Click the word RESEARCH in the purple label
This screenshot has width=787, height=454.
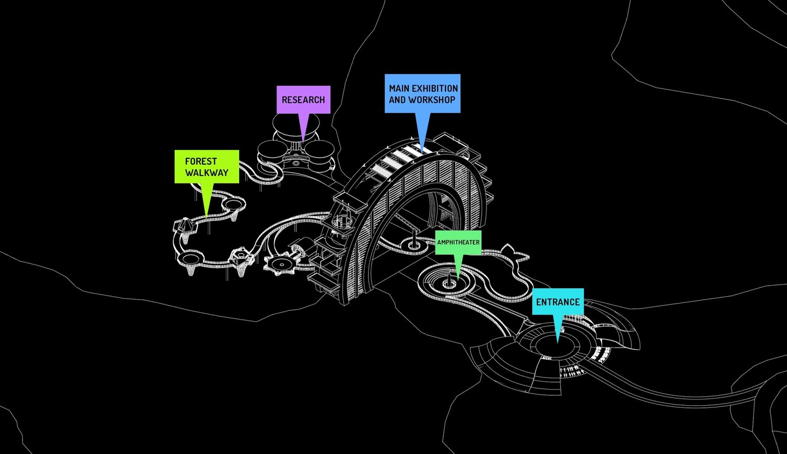coord(303,100)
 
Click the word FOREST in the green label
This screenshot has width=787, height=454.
coord(200,161)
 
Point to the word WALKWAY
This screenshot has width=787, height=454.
coord(207,172)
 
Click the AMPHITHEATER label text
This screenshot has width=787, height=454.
coord(458,242)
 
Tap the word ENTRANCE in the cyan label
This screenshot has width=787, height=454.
coord(558,302)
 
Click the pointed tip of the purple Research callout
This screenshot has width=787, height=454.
coord(303,142)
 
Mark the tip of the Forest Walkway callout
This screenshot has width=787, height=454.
coord(207,217)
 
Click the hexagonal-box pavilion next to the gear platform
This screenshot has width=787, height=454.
coord(241,257)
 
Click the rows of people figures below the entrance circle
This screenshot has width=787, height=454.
coord(571,372)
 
